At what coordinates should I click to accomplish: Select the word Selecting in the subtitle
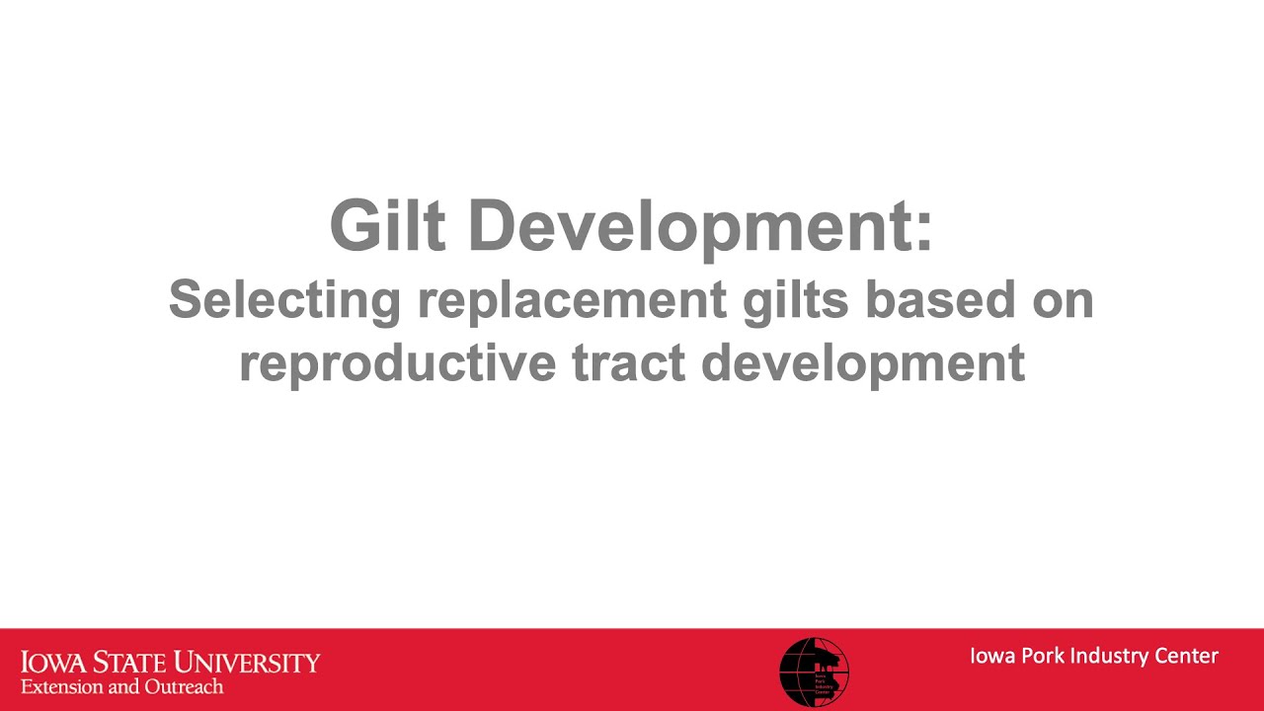tap(283, 299)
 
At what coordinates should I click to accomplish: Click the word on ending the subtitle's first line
tap(1062, 299)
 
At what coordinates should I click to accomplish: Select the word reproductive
tap(398, 363)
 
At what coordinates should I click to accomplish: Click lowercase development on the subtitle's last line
tap(862, 363)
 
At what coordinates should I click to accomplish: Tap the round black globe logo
tap(814, 671)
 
